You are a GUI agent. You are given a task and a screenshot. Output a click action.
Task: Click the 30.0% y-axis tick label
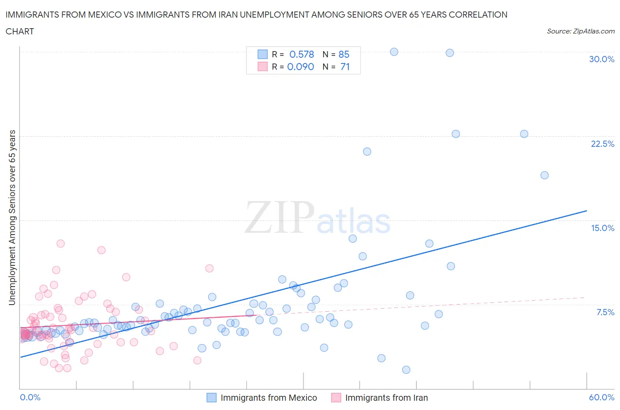601,59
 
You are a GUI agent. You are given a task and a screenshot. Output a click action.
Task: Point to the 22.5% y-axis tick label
602,144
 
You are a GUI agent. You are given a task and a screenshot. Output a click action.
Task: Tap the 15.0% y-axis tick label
602,228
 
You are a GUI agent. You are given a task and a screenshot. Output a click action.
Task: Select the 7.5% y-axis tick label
605,312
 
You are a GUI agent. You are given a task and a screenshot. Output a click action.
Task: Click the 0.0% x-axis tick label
30,397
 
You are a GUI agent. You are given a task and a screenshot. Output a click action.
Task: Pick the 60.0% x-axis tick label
601,397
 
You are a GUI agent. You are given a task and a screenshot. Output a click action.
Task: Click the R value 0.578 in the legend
302,54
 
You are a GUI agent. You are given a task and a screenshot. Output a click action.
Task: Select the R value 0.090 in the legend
300,67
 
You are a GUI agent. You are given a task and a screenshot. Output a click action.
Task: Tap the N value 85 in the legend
344,54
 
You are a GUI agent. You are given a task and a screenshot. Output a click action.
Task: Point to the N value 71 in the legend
345,67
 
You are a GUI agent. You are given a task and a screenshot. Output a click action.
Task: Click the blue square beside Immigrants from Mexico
212,398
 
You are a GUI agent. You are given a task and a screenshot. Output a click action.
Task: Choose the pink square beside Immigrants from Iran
336,398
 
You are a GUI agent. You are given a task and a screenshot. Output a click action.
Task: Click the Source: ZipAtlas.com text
580,31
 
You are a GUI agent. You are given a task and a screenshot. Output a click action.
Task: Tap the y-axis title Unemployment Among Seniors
12,217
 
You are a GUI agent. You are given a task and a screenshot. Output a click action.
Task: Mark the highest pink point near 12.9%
60,243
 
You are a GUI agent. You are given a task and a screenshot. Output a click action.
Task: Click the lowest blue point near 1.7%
406,370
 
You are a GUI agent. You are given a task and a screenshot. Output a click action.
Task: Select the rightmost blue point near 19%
545,175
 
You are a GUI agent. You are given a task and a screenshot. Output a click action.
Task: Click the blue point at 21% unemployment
367,151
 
